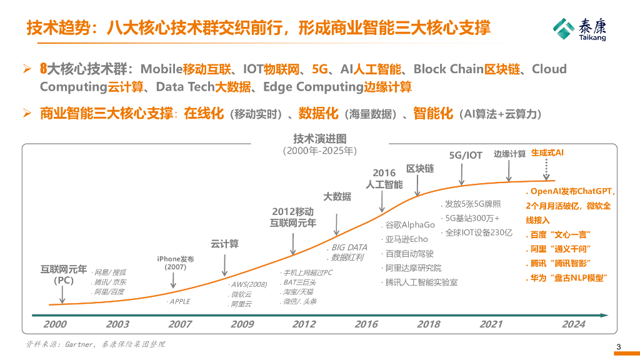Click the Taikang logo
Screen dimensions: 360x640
(579, 29)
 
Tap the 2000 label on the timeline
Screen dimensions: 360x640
(55, 324)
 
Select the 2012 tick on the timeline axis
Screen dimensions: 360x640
(304, 324)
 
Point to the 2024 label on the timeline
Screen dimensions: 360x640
(573, 324)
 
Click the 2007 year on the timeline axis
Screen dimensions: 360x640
(180, 324)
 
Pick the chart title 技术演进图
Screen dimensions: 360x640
(319, 139)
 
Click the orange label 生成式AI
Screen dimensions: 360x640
(547, 152)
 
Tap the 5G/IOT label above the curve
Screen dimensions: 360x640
(466, 155)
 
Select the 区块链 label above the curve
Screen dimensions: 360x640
(420, 169)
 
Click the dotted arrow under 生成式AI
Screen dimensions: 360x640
(547, 167)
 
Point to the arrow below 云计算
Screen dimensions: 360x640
(224, 263)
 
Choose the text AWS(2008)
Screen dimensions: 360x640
(249, 284)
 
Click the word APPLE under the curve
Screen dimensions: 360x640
(179, 301)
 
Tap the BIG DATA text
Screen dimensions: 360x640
(349, 247)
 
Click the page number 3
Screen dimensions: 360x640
(619, 348)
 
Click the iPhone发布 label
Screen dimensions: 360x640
(175, 258)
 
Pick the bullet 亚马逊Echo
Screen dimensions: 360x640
(406, 239)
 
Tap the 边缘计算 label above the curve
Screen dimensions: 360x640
(509, 154)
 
